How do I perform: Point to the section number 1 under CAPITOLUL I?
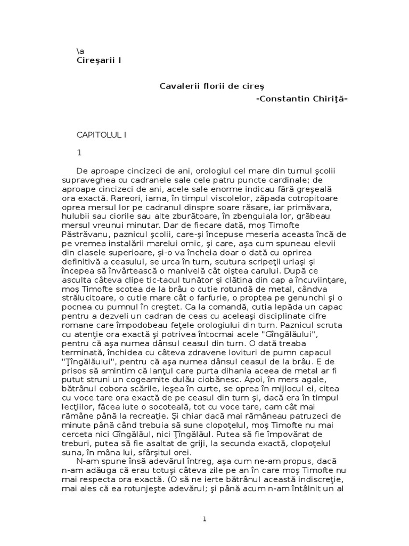[x=79, y=152]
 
